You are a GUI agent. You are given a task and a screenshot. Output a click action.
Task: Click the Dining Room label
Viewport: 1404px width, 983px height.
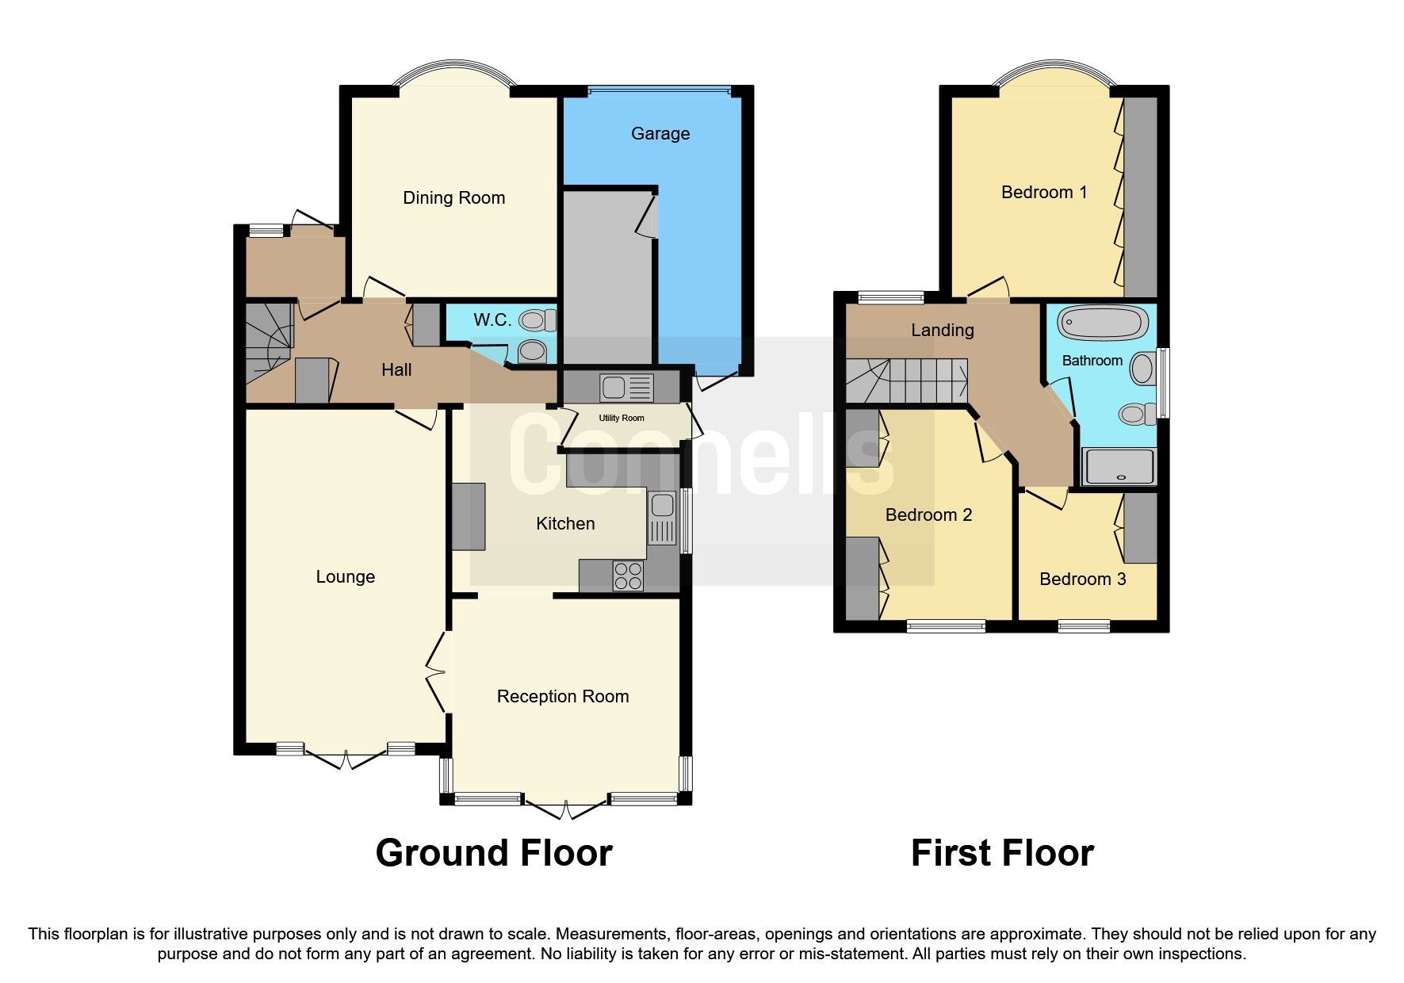[453, 198]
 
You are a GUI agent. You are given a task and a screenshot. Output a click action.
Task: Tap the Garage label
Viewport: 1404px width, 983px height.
[660, 134]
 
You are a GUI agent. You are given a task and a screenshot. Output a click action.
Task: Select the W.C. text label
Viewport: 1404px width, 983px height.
[492, 320]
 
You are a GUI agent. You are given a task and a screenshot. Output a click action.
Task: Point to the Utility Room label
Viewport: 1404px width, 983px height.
[622, 418]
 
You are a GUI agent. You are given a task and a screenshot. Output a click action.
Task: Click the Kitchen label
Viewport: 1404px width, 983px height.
[565, 523]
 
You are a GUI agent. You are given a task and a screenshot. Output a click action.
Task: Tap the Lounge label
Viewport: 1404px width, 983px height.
[346, 577]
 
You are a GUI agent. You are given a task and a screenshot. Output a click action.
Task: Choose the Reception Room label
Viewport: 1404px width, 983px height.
[563, 696]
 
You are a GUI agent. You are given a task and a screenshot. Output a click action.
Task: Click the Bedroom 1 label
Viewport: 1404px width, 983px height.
[1044, 192]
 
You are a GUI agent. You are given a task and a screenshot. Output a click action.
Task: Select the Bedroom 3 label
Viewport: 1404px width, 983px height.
[1083, 579]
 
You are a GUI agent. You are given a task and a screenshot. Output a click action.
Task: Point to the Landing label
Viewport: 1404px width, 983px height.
[943, 330]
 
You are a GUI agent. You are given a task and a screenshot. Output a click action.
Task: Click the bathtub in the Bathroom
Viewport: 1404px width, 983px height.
[1103, 322]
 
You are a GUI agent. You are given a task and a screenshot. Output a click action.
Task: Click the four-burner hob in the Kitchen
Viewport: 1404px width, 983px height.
[629, 576]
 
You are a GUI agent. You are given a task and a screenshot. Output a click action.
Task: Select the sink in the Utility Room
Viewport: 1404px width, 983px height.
[627, 388]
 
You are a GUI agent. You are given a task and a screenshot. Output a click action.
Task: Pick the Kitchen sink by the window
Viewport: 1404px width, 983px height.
[662, 518]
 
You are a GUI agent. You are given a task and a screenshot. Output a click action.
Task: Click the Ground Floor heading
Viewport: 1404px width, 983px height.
[494, 853]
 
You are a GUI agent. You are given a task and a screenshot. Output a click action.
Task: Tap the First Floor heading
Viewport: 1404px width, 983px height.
[1002, 853]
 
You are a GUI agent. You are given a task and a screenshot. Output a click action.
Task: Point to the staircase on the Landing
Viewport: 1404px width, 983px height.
[907, 381]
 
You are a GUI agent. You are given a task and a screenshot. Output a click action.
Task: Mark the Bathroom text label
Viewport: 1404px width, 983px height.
[1092, 361]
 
